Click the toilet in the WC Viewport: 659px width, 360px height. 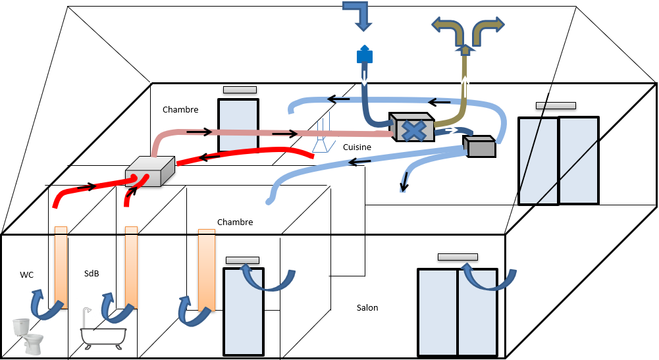[x=28, y=335]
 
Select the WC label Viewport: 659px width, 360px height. [x=27, y=275]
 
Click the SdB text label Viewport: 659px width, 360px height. [x=92, y=273]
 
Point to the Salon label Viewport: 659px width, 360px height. [x=367, y=307]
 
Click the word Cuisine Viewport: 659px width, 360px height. [x=357, y=147]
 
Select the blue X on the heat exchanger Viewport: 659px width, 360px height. [x=413, y=130]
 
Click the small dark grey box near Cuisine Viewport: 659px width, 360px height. [x=479, y=146]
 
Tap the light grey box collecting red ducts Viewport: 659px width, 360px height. [x=150, y=172]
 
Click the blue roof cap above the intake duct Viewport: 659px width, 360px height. [x=364, y=55]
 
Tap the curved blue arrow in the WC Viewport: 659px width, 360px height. [x=41, y=304]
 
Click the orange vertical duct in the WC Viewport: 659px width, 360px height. [x=61, y=267]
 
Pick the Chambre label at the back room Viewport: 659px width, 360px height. [x=180, y=110]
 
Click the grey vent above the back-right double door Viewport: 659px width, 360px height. [x=556, y=105]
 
